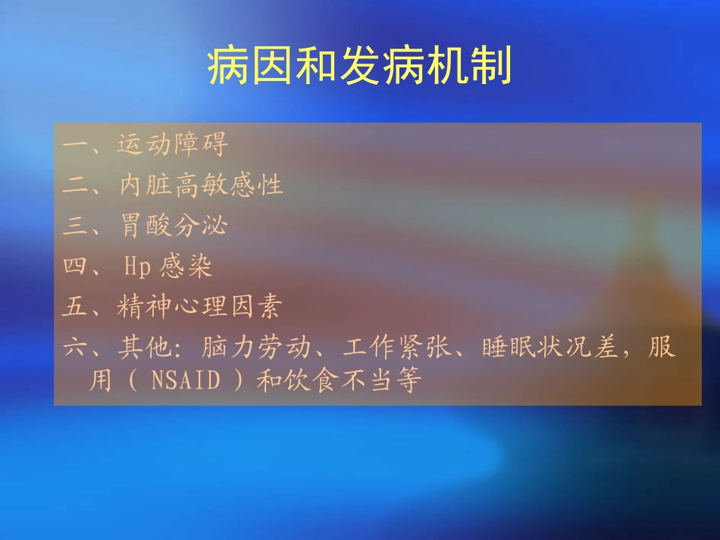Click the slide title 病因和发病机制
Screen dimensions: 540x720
(360, 67)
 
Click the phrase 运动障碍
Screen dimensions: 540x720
(173, 144)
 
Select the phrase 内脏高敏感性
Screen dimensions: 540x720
(201, 185)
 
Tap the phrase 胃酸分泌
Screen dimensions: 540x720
(174, 226)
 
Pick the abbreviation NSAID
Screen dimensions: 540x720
(185, 381)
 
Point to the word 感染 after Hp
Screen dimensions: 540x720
(186, 267)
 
